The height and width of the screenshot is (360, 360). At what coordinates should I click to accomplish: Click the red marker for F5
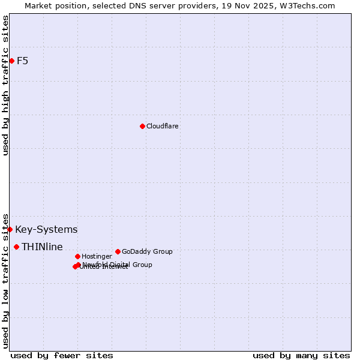pyautogui.click(x=11, y=61)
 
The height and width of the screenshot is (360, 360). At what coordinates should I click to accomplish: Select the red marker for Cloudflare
pyautogui.click(x=142, y=126)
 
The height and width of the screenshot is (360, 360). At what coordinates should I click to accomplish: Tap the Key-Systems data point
pyautogui.click(x=10, y=229)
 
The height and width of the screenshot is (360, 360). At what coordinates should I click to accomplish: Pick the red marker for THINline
pyautogui.click(x=16, y=247)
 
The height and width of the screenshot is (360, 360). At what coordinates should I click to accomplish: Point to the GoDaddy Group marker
pyautogui.click(x=118, y=251)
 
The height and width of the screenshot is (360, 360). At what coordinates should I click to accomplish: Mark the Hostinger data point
pyautogui.click(x=77, y=256)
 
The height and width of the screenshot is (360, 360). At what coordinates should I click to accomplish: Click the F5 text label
pyautogui.click(x=22, y=61)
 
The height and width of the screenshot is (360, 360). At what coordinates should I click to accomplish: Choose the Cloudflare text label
pyautogui.click(x=162, y=126)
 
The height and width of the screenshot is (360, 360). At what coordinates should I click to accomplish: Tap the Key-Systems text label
pyautogui.click(x=46, y=229)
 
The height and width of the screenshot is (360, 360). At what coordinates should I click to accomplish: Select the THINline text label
pyautogui.click(x=42, y=247)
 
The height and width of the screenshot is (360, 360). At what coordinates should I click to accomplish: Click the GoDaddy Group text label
pyautogui.click(x=147, y=251)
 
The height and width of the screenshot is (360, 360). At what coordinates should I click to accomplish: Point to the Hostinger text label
pyautogui.click(x=97, y=256)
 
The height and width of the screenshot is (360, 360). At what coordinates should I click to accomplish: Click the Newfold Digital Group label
pyautogui.click(x=117, y=265)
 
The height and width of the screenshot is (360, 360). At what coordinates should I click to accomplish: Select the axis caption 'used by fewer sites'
pyautogui.click(x=62, y=355)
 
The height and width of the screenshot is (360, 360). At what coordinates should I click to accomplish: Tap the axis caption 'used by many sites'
pyautogui.click(x=301, y=355)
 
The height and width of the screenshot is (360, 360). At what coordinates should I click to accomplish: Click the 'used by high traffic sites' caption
pyautogui.click(x=5, y=85)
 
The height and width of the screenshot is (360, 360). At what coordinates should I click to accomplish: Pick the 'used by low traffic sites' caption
pyautogui.click(x=5, y=280)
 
